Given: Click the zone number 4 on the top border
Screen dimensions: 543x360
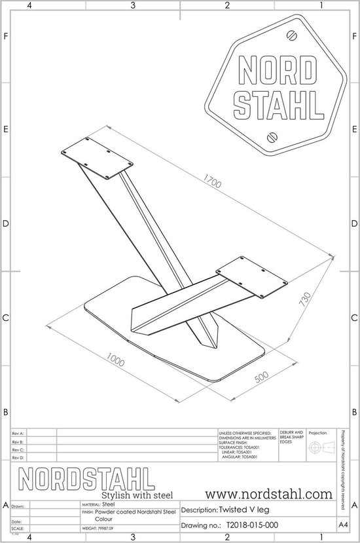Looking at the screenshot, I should (29, 6).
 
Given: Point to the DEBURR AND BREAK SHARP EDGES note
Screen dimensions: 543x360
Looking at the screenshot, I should (291, 438).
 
